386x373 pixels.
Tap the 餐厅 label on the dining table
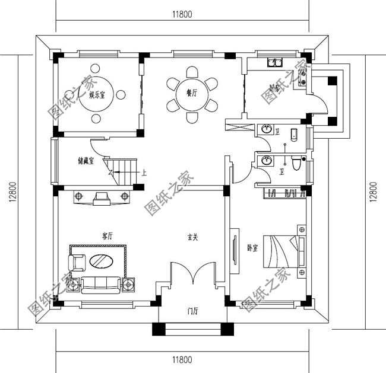point(191,93)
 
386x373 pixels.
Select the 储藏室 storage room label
point(86,160)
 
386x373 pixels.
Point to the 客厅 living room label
point(107,236)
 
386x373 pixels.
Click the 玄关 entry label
point(192,237)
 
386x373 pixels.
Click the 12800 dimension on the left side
point(12,192)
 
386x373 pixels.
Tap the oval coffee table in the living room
point(102,261)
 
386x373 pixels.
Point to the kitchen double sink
point(275,61)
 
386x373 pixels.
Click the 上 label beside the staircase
point(144,174)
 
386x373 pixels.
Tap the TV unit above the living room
point(100,197)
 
